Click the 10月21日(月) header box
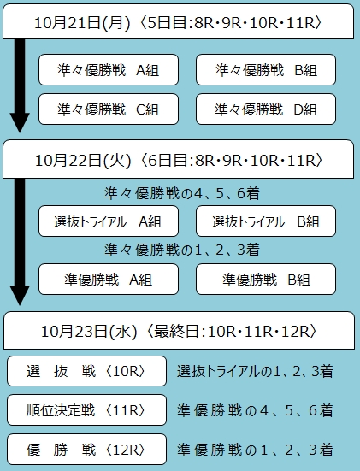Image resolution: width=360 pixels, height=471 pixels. point(178,21)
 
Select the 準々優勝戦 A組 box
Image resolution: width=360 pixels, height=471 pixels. point(109,70)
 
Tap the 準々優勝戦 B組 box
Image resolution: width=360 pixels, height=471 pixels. point(266,70)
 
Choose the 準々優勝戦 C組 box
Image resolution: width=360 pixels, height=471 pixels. point(109,109)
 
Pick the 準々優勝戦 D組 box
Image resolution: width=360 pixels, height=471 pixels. point(266,109)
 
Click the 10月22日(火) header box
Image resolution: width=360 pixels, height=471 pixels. point(178,159)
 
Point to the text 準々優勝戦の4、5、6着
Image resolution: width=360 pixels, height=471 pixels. point(182,193)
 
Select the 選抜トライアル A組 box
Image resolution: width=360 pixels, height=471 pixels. point(109,221)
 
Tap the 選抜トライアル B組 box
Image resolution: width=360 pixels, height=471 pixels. point(266,221)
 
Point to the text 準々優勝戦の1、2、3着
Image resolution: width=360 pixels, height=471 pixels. point(182,250)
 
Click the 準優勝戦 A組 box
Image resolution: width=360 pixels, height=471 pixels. point(109,279)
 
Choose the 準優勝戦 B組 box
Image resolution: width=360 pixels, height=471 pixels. point(266,279)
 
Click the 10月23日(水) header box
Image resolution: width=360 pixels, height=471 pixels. point(179,331)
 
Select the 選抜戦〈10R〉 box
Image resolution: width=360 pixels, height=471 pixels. point(87,371)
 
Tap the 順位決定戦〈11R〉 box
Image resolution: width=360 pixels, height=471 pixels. point(87,410)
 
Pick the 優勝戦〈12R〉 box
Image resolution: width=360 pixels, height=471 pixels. point(87,450)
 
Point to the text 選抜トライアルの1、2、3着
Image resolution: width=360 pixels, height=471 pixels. point(255,371)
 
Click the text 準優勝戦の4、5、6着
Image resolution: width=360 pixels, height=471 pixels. point(255,410)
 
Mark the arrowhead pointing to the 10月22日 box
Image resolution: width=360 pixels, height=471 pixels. point(20,122)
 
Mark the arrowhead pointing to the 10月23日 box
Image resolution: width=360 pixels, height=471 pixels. point(20,296)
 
